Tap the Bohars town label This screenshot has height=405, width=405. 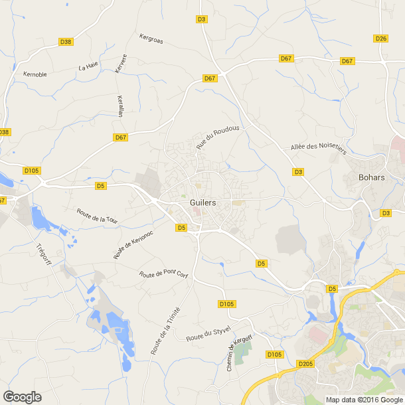[x=372, y=177]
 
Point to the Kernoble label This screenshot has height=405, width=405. [x=35, y=74]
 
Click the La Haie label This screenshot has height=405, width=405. [x=88, y=66]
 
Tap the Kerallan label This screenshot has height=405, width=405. [x=120, y=106]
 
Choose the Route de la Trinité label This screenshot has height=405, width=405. [x=165, y=331]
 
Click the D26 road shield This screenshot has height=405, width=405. [x=380, y=39]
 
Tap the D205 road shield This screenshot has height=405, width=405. [x=306, y=364]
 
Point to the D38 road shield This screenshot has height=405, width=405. [x=65, y=42]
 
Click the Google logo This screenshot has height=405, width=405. [x=21, y=396]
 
